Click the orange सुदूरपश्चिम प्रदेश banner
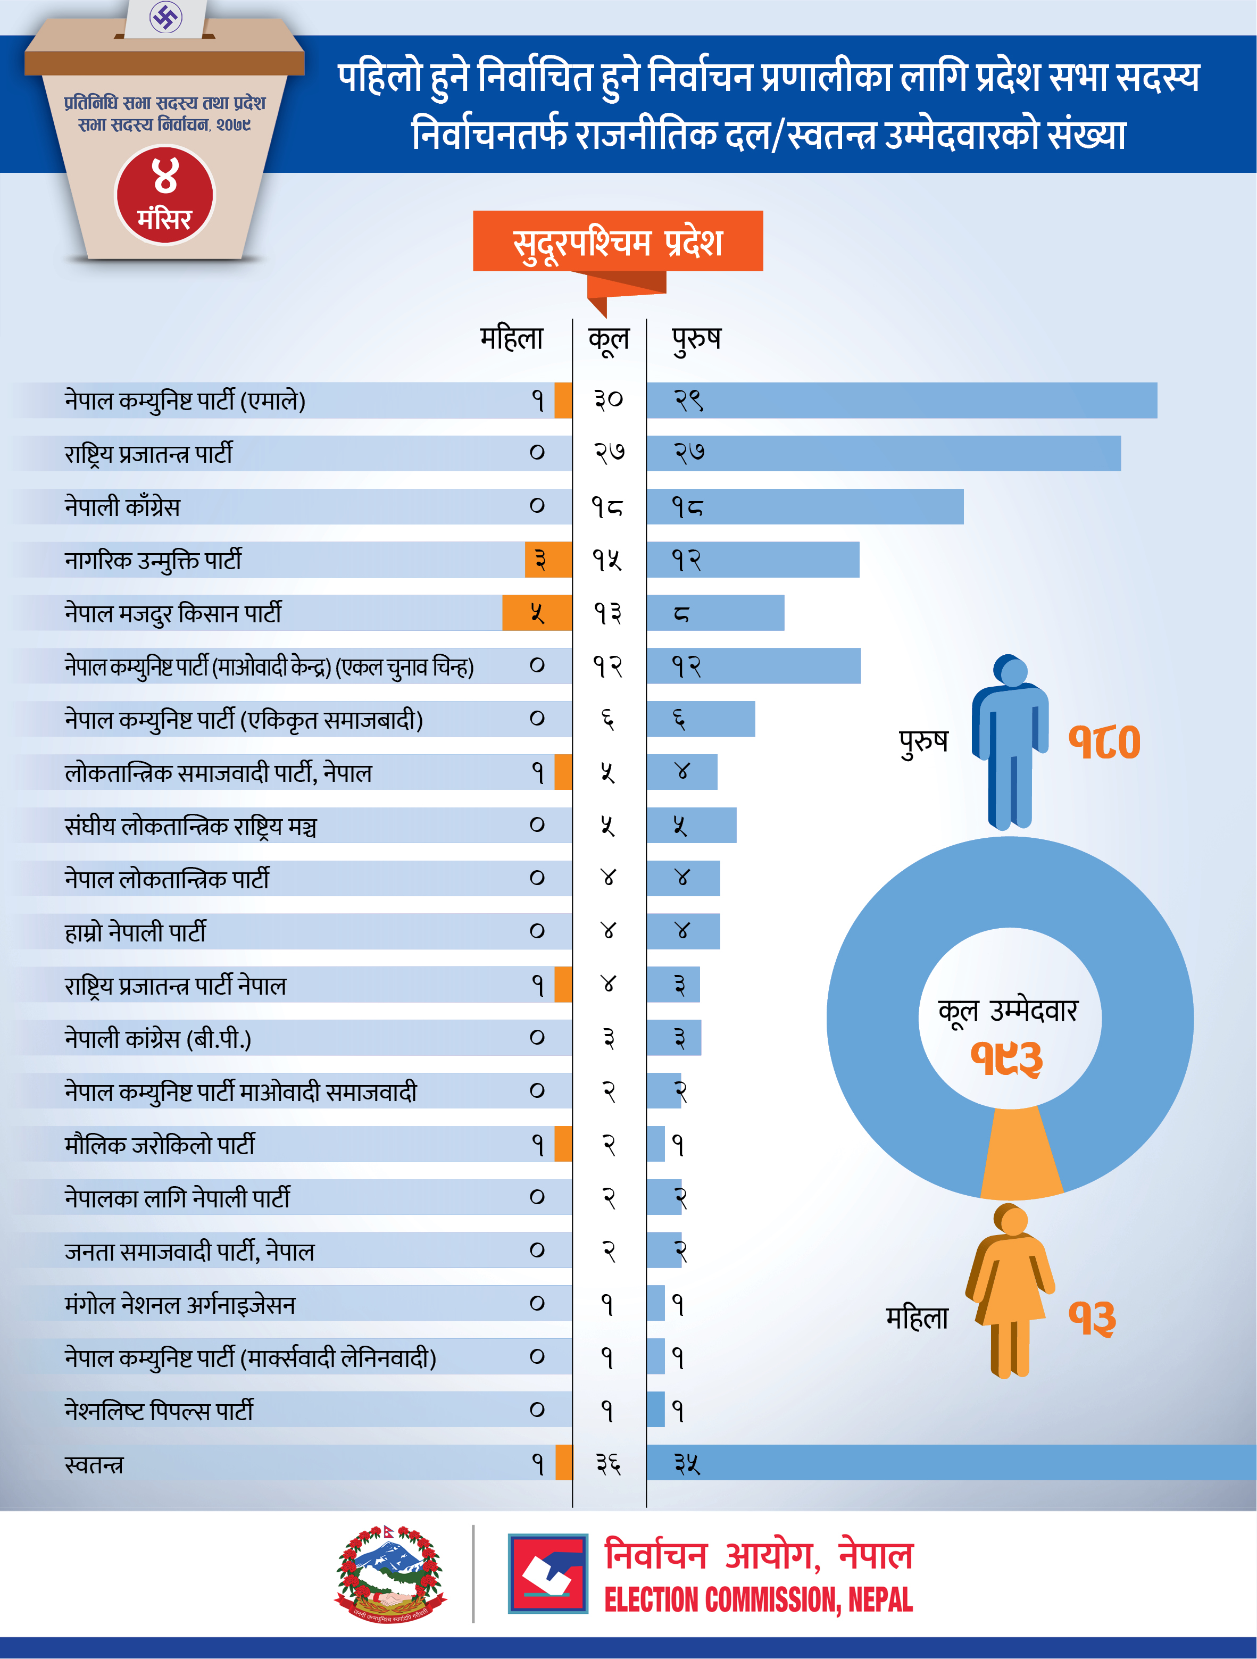[x=617, y=241]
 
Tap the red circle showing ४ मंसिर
[x=164, y=195]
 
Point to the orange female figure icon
[x=1010, y=1290]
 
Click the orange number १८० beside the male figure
[x=1104, y=742]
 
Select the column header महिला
[x=512, y=338]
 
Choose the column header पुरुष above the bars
[x=696, y=338]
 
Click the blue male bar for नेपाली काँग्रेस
[x=805, y=507]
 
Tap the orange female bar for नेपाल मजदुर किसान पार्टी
[x=537, y=613]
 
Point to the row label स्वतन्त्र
[x=94, y=1463]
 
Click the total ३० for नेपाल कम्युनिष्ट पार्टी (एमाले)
[x=608, y=400]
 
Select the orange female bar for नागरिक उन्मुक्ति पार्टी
[x=547, y=560]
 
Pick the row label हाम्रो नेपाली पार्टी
[x=135, y=931]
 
